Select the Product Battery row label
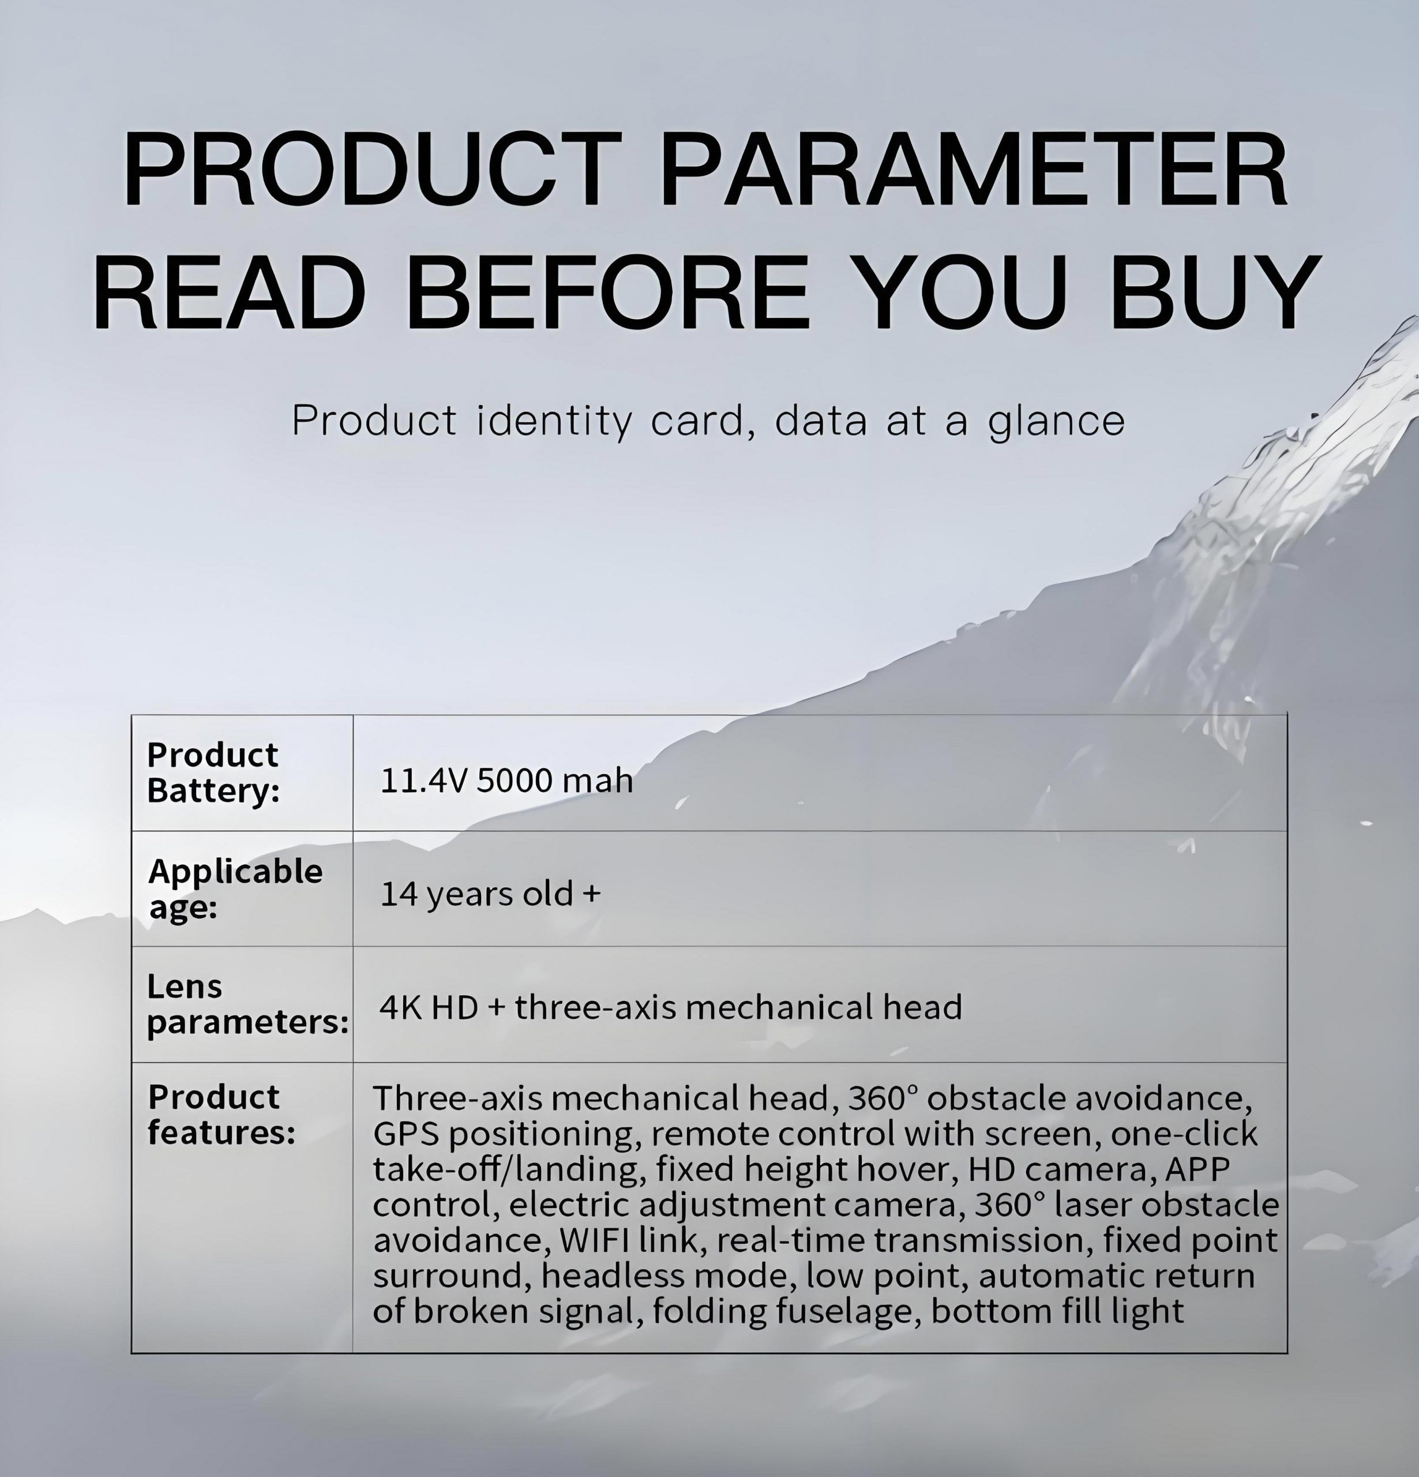point(213,773)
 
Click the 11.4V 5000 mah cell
point(506,780)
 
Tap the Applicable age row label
point(235,888)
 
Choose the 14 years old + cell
point(490,894)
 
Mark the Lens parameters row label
point(248,1004)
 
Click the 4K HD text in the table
point(429,1007)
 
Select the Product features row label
point(222,1115)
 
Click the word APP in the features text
point(1197,1169)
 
